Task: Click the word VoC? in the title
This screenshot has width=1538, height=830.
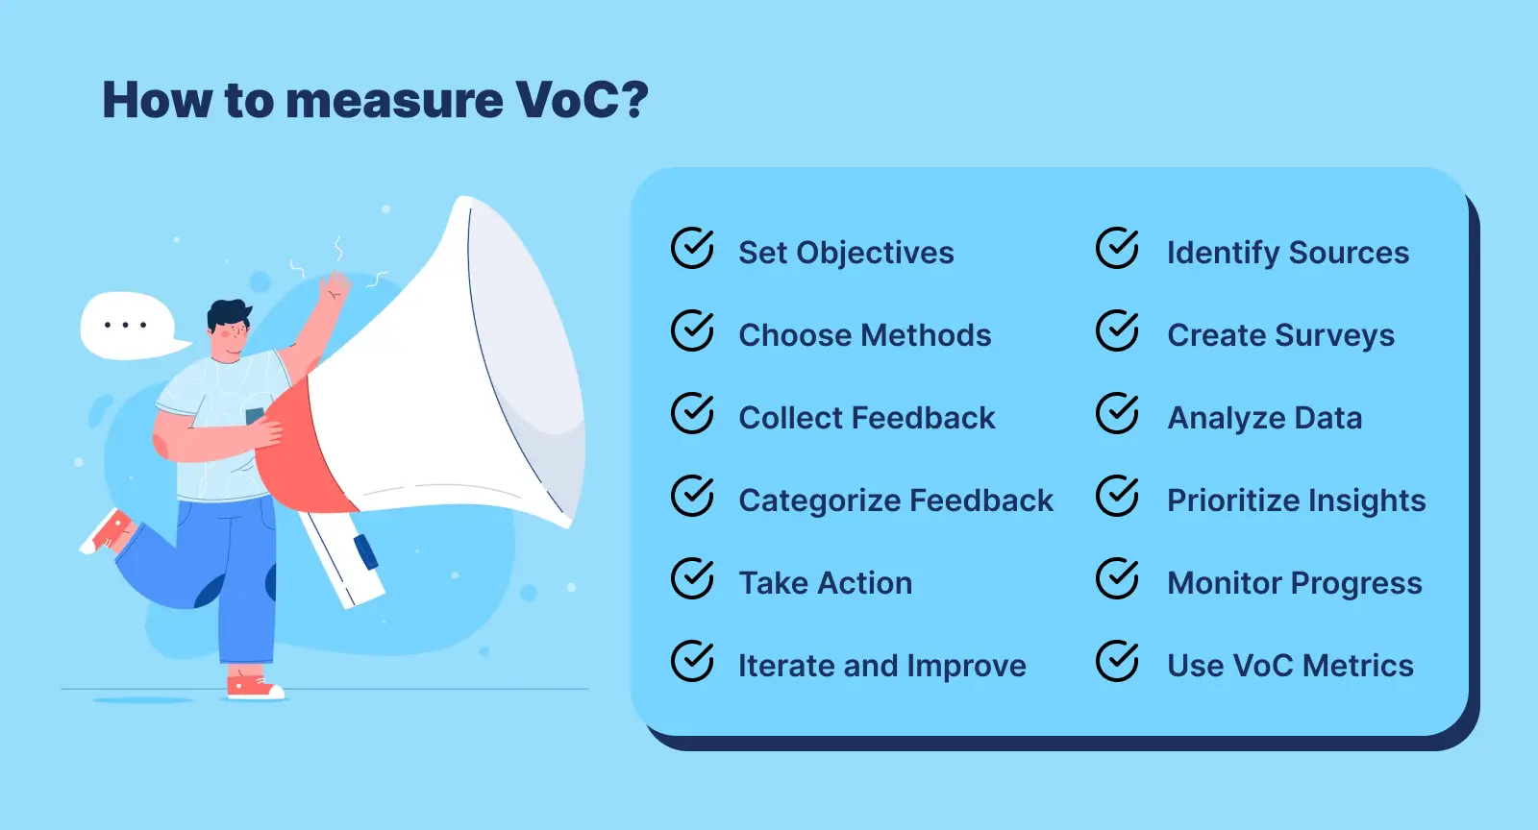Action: click(582, 100)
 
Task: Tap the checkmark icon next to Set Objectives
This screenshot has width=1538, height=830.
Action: click(692, 249)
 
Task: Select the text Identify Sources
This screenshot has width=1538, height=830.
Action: click(1287, 253)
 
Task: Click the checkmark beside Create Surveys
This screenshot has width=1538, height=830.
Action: click(1117, 331)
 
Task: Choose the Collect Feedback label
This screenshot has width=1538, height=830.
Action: click(866, 418)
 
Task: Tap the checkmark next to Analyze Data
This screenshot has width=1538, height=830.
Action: click(1117, 414)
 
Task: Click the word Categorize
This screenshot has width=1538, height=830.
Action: click(819, 500)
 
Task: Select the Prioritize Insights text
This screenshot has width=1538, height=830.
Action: click(1296, 500)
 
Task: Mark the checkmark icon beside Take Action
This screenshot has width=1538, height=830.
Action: click(692, 579)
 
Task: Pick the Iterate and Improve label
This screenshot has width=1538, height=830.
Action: click(881, 666)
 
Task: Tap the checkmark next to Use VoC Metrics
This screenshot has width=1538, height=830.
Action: click(1117, 662)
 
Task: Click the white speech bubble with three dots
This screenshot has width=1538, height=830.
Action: click(127, 326)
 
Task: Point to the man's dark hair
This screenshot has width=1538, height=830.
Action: click(228, 313)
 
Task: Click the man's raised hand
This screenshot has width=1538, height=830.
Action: click(335, 286)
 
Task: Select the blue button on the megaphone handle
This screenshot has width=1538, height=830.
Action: click(365, 551)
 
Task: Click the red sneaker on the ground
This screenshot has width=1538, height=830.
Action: click(252, 686)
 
